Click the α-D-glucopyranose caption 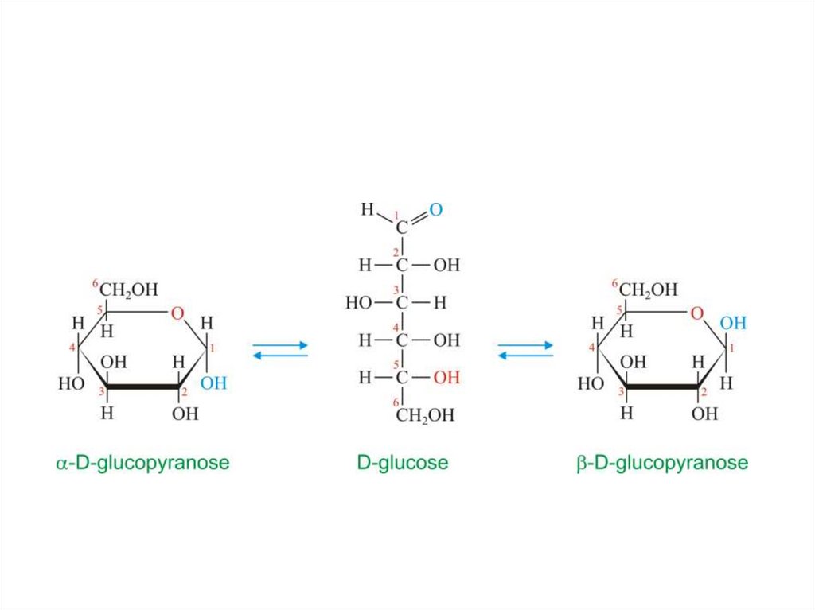click(x=142, y=463)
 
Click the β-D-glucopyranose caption click(x=662, y=463)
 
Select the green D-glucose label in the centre click(x=402, y=463)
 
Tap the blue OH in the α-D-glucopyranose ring click(x=213, y=383)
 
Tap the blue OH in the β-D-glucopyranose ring click(x=733, y=324)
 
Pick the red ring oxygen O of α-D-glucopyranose click(x=177, y=313)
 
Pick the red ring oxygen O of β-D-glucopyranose click(x=697, y=313)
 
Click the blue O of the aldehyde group click(x=435, y=210)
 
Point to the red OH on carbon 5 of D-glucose click(x=446, y=377)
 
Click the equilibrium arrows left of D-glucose click(x=280, y=350)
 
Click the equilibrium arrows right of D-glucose click(x=525, y=350)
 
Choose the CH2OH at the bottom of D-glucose click(x=426, y=414)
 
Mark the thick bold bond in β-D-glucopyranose click(x=662, y=388)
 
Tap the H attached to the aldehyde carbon click(x=367, y=210)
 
